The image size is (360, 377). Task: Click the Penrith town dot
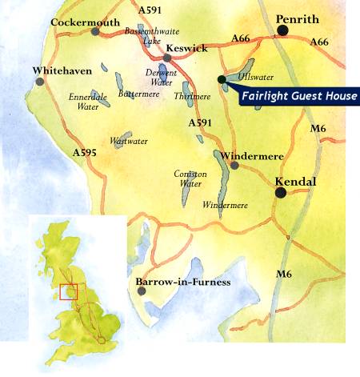pyautogui.click(x=282, y=31)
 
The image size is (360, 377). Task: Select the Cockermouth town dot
pyautogui.click(x=95, y=32)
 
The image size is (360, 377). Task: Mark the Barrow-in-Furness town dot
pyautogui.click(x=142, y=291)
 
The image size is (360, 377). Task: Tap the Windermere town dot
pyautogui.click(x=234, y=166)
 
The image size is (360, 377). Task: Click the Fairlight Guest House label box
pyautogui.click(x=299, y=97)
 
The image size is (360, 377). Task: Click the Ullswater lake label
pyautogui.click(x=256, y=78)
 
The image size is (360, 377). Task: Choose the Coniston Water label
pyautogui.click(x=190, y=178)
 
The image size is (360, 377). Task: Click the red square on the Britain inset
pyautogui.click(x=67, y=291)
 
